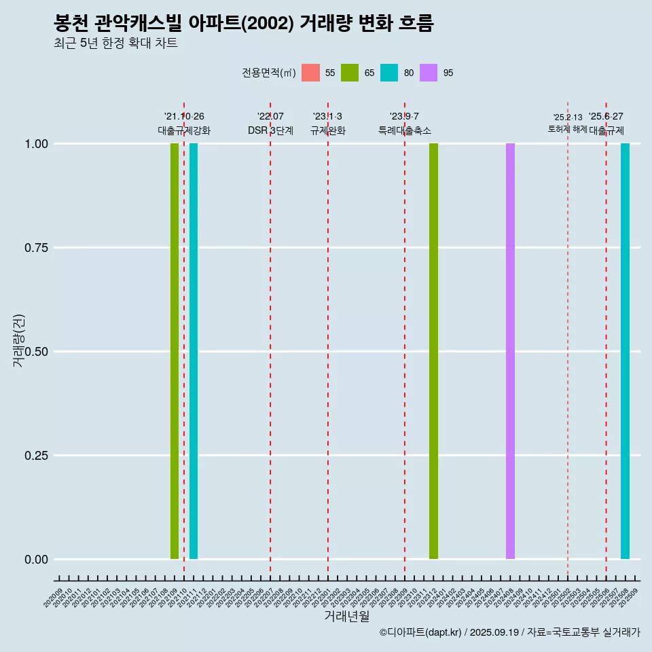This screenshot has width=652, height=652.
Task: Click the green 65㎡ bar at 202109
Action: pos(175,351)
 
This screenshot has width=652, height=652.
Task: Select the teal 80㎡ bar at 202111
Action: pos(194,351)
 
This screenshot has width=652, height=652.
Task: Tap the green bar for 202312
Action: pos(433,351)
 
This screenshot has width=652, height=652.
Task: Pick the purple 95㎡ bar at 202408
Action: pos(510,351)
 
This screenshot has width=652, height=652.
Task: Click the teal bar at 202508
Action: pos(625,351)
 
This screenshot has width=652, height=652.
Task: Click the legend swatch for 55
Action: pos(310,73)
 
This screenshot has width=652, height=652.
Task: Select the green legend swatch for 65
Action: pos(350,73)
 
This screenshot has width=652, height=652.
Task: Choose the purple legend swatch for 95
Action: pos(429,73)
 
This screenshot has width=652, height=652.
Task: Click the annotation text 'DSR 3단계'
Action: pos(270,130)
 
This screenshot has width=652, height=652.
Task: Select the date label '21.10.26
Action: pos(184,117)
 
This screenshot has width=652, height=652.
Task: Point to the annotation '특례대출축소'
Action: pos(405,130)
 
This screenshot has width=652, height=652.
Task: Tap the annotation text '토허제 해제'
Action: pos(567,129)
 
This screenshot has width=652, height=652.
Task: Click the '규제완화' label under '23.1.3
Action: pos(328,130)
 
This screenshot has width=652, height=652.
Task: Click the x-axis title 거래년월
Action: pos(346,617)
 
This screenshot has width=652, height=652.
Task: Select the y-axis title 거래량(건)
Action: pos(19,340)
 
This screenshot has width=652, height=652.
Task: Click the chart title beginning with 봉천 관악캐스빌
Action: pos(243,24)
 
